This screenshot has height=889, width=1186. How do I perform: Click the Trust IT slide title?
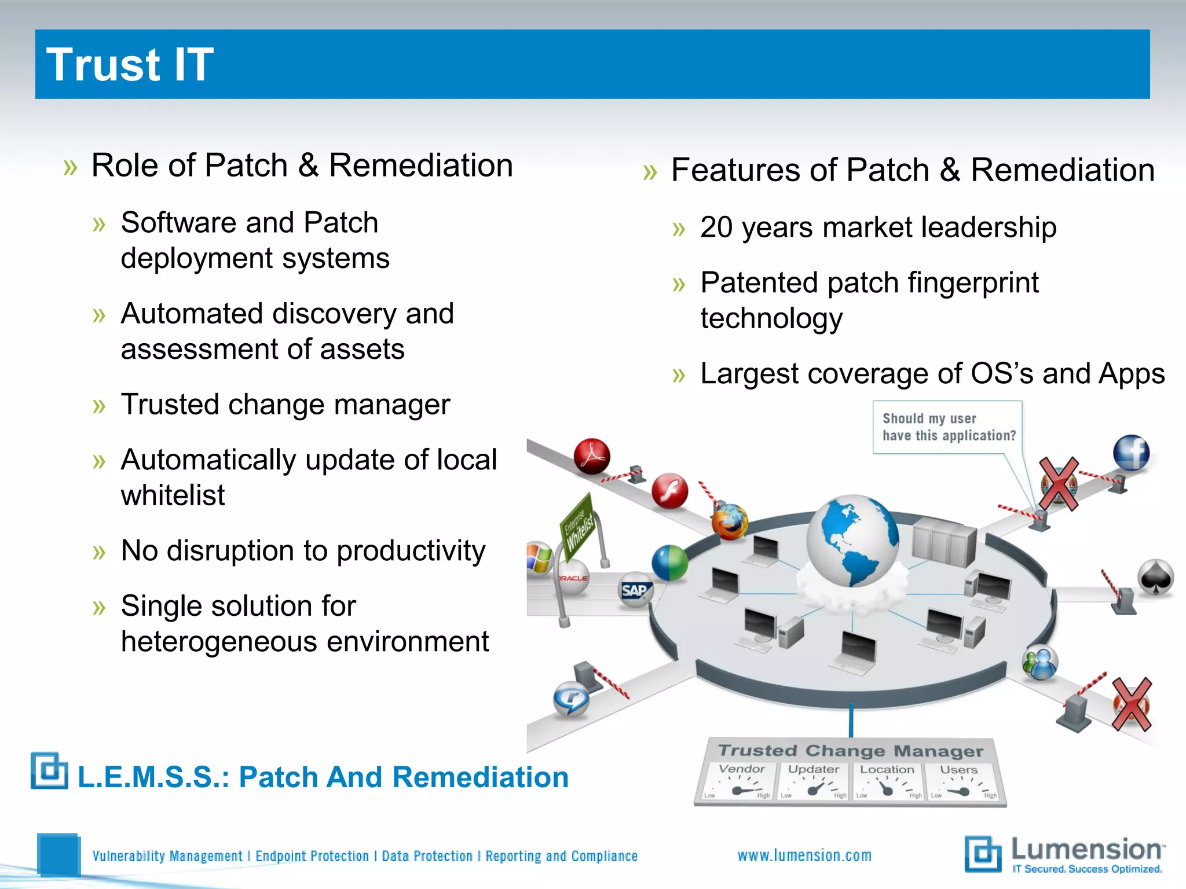[x=130, y=65]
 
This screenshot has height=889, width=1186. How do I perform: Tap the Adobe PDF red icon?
[x=592, y=456]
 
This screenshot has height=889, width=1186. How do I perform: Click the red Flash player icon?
[x=670, y=491]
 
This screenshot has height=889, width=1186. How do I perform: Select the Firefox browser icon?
[x=730, y=521]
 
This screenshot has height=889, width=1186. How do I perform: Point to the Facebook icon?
[x=1131, y=453]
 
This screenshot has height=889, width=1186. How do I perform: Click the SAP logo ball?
[x=635, y=590]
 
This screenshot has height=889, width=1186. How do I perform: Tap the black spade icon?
[x=1155, y=577]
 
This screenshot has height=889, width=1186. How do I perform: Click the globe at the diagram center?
[x=852, y=540]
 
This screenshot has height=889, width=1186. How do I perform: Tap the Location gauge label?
[x=887, y=770]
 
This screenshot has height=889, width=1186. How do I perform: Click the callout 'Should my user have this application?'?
[x=948, y=427]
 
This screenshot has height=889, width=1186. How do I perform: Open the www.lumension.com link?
[x=804, y=855]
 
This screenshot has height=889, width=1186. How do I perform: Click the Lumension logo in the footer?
[x=1064, y=854]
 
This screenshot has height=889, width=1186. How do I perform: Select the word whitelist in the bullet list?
[x=173, y=495]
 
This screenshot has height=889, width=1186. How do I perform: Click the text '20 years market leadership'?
[x=878, y=227]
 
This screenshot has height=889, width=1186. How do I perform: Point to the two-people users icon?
[x=1040, y=663]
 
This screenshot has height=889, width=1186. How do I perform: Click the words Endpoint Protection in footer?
[x=312, y=856]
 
